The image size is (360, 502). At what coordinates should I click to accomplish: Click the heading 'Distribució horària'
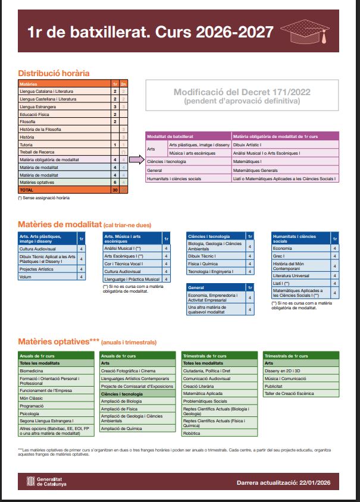54,73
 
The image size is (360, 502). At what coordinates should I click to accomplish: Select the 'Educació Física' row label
36,114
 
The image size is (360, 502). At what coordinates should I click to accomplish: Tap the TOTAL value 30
114,190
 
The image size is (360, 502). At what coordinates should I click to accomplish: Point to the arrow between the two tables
137,159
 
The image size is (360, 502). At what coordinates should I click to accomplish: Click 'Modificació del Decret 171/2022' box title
242,92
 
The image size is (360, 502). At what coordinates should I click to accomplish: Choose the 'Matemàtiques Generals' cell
256,170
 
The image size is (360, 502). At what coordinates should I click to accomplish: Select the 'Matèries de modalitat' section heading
60,225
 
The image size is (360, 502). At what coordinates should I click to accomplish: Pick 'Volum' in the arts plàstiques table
26,277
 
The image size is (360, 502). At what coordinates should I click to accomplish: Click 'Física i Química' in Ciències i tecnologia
204,263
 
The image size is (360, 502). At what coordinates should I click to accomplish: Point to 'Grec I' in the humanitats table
278,256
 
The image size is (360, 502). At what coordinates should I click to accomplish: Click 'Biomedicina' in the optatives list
32,370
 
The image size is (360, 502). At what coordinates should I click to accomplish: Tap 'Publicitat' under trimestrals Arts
274,385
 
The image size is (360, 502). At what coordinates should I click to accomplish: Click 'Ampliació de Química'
121,428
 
